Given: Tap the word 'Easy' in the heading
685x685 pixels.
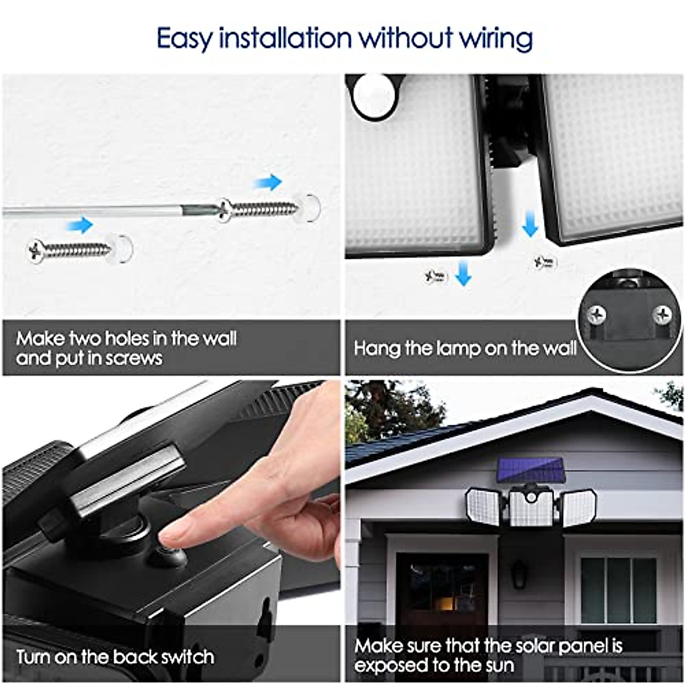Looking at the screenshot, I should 184,39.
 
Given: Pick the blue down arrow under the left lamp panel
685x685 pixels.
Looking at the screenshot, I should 464,272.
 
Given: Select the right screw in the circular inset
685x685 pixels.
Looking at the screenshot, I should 662,313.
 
